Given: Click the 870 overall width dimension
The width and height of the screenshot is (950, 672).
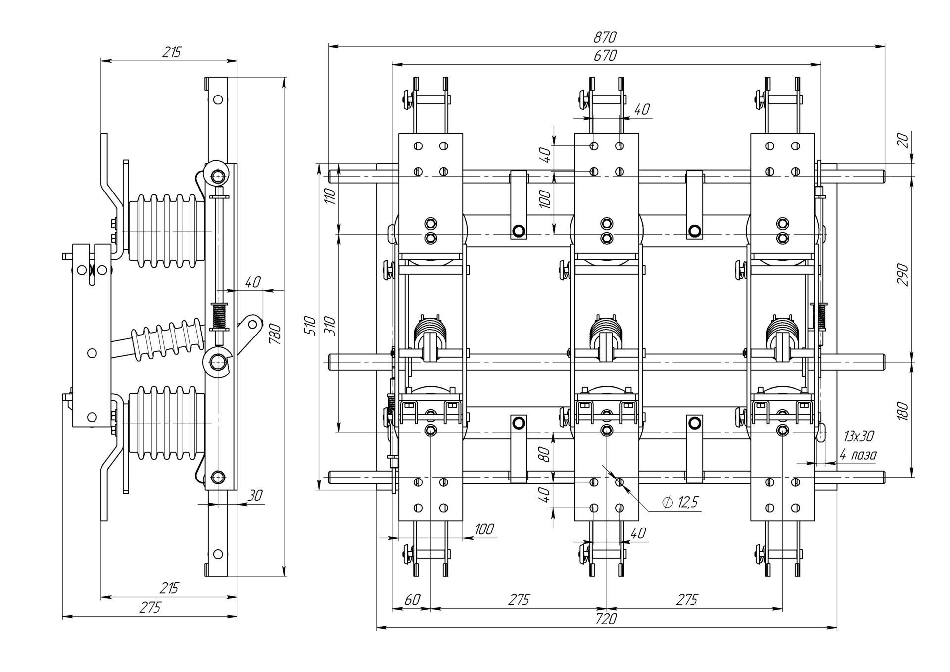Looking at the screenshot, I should [x=605, y=37].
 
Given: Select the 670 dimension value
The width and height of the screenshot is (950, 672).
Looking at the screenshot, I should [x=605, y=56].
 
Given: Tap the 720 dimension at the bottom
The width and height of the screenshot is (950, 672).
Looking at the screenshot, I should [x=606, y=619].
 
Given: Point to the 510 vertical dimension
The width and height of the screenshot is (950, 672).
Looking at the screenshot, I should [x=311, y=325].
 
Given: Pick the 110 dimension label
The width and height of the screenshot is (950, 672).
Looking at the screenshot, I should [x=331, y=196].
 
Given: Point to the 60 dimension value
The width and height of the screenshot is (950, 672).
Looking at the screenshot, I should [x=412, y=599].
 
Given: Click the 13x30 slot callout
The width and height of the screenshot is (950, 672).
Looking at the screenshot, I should [x=858, y=436].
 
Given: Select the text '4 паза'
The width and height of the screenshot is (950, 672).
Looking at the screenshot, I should [x=857, y=455].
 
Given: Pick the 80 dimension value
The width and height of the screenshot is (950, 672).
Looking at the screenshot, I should [x=545, y=454].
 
